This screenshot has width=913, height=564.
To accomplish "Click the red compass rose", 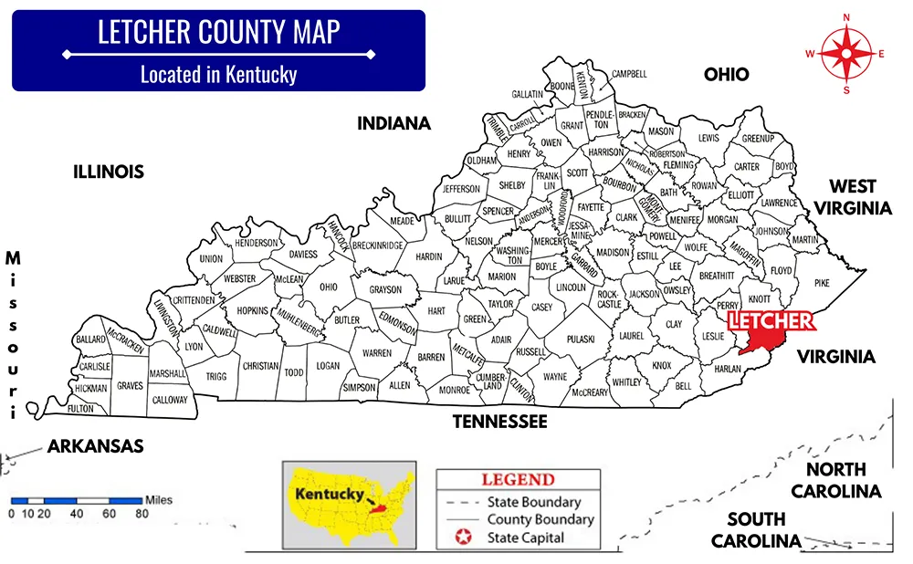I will point(845,53).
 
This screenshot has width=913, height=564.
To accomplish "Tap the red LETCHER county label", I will point(770,320).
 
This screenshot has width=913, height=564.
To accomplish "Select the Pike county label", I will point(822,284).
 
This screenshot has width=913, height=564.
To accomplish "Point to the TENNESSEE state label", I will point(500,421).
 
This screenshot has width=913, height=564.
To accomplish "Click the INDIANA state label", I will point(394,123).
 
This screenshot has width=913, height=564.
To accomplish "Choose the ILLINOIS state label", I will point(109,172).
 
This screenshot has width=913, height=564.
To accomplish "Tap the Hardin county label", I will point(428,256).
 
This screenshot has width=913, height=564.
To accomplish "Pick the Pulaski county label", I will point(581,339).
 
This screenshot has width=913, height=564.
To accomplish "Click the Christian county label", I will point(260,366).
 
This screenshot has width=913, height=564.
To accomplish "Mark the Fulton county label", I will point(80,409).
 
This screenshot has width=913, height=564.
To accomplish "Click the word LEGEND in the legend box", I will point(518,480).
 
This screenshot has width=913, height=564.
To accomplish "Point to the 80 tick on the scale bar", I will point(142,514).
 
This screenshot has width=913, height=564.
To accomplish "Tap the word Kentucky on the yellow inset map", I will point(325,493).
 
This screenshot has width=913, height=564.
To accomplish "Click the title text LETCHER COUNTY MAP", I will point(218,32).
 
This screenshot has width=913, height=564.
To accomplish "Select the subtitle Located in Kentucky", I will point(218,74).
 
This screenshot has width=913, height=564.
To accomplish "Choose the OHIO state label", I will point(726,75).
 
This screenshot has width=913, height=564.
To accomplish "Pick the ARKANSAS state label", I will point(95,446).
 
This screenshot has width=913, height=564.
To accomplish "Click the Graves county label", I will point(130,386).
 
